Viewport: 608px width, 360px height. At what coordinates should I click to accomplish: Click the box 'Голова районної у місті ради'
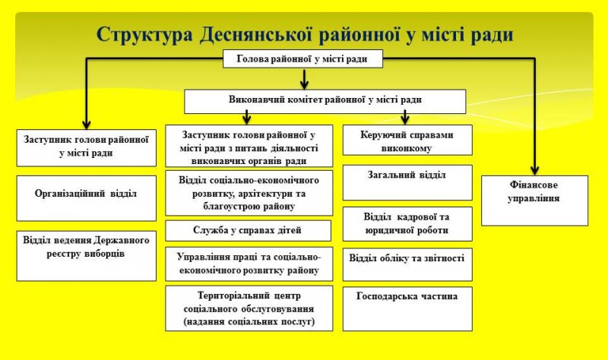pyautogui.click(x=302, y=58)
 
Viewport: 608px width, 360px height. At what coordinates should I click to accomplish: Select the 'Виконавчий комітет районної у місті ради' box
pyautogui.click(x=325, y=101)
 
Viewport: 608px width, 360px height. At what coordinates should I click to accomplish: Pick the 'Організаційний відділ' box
pyautogui.click(x=86, y=194)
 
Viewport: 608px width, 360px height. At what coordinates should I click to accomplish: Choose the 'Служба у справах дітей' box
pyautogui.click(x=249, y=230)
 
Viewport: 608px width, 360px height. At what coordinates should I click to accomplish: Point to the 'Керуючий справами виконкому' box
pyautogui.click(x=407, y=141)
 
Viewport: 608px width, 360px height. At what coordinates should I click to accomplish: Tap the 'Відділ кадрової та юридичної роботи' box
pyautogui.click(x=407, y=223)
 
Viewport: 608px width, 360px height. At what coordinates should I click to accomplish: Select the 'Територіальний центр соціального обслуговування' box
pyautogui.click(x=249, y=308)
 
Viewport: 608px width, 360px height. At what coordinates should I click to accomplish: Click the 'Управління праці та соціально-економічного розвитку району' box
pyautogui.click(x=249, y=263)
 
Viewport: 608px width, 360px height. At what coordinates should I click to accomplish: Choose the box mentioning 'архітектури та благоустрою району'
pyautogui.click(x=249, y=193)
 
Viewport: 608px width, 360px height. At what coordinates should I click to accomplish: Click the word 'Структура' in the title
pyautogui.click(x=144, y=34)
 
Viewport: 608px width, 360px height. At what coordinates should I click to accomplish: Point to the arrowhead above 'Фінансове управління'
pyautogui.click(x=534, y=169)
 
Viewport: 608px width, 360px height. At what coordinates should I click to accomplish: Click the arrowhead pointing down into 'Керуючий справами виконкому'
pyautogui.click(x=405, y=118)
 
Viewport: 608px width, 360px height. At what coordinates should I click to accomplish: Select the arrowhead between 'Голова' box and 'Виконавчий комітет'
pyautogui.click(x=303, y=82)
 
